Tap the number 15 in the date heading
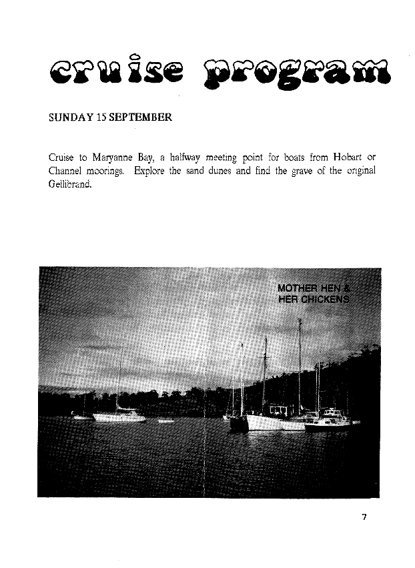pos(101,117)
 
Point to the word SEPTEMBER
pos(141,117)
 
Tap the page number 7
pos(364,517)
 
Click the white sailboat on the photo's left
pos(119,416)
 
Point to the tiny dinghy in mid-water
pos(165,421)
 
